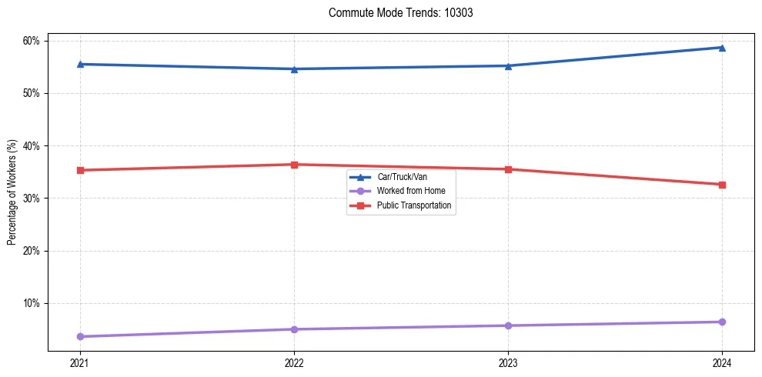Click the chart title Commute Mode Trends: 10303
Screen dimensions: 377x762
(x=395, y=13)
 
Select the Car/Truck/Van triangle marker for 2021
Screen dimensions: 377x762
(x=80, y=64)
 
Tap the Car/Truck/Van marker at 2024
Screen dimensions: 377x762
(x=722, y=48)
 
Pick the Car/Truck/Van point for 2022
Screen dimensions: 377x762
(x=294, y=69)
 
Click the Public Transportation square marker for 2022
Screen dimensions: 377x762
(x=294, y=165)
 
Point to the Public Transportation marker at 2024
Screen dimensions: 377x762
(x=722, y=185)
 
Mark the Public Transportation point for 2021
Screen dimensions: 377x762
(x=80, y=170)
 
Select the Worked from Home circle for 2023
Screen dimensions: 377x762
(x=508, y=325)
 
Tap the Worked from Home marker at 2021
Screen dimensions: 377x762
(x=80, y=336)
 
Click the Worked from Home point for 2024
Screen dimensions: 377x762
(x=722, y=322)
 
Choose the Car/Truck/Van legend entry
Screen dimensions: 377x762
(x=408, y=177)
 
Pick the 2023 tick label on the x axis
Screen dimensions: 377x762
(x=508, y=362)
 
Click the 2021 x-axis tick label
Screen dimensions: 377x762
(x=80, y=362)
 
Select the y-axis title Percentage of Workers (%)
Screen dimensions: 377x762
(x=12, y=192)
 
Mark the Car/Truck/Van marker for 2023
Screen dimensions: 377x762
(x=508, y=66)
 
